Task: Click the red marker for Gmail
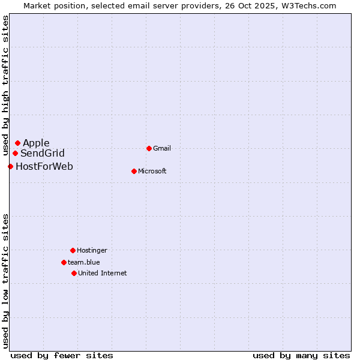149,148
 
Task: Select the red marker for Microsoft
134,171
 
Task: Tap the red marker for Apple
17,143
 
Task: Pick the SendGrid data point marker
15,153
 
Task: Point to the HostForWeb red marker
10,166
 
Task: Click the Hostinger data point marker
73,250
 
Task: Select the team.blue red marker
64,262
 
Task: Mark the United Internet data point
74,273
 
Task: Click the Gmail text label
162,148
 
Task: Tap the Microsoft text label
152,171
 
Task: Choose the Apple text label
36,143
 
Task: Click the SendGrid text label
43,153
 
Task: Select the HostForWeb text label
44,166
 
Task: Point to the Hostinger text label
92,250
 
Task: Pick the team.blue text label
84,262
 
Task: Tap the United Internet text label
103,273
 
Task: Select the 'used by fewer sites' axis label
62,355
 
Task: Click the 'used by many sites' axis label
301,355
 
